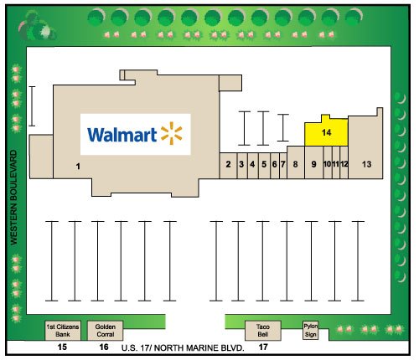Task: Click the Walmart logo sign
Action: tap(136, 134)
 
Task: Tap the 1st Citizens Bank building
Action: tap(63, 331)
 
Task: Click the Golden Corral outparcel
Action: tap(105, 331)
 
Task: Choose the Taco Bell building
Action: tap(263, 331)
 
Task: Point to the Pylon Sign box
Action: tap(311, 330)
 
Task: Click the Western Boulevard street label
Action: tap(13, 198)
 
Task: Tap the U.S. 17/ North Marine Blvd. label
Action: tap(183, 348)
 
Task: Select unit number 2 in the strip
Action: tap(228, 166)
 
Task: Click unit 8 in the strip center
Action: tap(296, 162)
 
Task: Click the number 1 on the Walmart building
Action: tap(78, 167)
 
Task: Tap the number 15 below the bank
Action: tap(62, 347)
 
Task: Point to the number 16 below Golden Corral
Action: tap(104, 347)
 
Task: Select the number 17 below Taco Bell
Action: tap(263, 347)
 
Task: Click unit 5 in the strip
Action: tap(264, 166)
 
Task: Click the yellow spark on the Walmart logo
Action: tap(172, 133)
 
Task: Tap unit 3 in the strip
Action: tap(242, 166)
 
